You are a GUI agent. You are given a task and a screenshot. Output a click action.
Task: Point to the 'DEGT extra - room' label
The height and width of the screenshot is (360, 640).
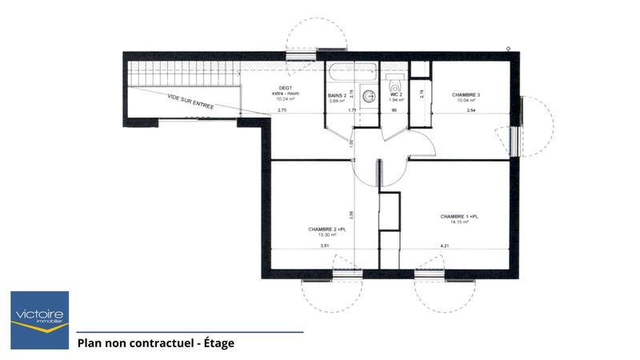(x=286, y=91)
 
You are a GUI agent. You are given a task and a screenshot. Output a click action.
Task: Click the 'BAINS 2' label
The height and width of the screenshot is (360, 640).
(x=338, y=95)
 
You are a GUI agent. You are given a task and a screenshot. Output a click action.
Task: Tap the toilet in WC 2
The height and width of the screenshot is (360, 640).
(x=394, y=83)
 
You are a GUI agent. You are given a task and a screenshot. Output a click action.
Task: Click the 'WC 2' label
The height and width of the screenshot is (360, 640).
(x=395, y=95)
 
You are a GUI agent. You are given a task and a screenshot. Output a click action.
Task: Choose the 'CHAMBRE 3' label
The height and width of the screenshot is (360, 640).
(x=467, y=94)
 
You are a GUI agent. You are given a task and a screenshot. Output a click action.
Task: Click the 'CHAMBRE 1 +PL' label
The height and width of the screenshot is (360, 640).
(x=459, y=216)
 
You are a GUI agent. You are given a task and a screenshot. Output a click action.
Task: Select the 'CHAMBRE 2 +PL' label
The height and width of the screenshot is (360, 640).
(x=326, y=230)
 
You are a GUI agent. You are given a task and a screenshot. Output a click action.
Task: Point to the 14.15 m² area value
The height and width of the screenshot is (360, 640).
(x=458, y=222)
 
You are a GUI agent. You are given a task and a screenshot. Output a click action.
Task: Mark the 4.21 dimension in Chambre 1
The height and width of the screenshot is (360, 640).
(x=442, y=246)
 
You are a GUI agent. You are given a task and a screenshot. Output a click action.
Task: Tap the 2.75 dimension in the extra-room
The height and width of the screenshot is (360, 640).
(x=282, y=110)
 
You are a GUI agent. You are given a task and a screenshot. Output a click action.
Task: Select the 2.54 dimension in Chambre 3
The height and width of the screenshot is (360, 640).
(x=471, y=110)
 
